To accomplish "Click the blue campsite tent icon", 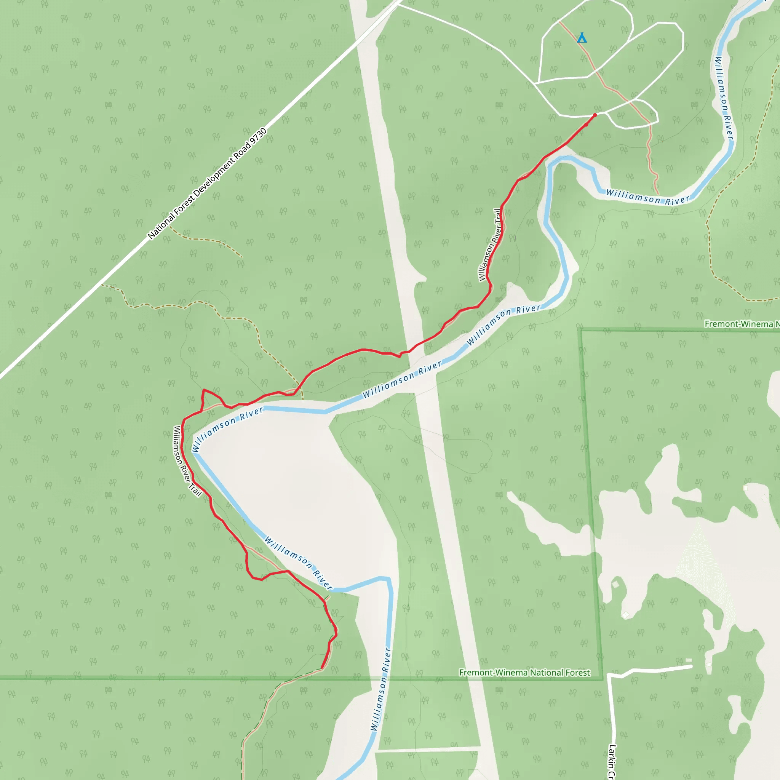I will (581, 38).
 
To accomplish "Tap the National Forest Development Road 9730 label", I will (207, 184).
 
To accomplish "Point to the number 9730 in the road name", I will (258, 136).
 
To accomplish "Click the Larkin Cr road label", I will (612, 761).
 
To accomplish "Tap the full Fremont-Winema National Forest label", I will (524, 673).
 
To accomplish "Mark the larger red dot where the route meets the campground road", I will (595, 115).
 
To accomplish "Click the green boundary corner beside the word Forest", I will (603, 679).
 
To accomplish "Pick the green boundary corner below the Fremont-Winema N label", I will (580, 330).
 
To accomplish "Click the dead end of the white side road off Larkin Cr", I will (692, 667).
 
